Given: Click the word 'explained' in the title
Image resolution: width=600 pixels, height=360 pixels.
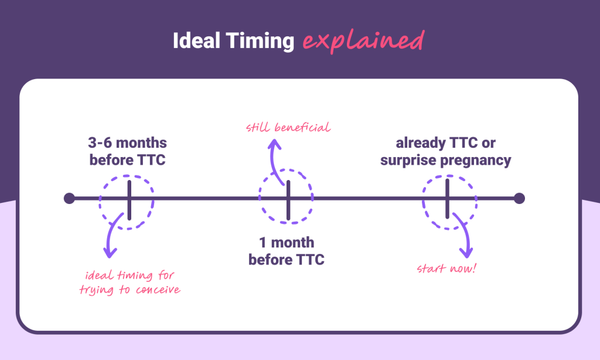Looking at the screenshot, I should pos(363,40).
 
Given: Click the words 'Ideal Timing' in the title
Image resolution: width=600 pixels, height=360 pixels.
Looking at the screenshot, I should pos(233,41).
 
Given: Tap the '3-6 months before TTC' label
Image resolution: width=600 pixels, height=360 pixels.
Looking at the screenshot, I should pos(128,151).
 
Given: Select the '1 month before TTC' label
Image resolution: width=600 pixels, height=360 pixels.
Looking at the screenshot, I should pos(286,251).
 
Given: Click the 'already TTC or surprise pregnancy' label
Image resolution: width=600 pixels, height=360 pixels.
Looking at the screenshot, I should pos(445,151).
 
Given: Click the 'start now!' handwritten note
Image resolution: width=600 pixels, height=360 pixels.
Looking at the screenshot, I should pos(446,269).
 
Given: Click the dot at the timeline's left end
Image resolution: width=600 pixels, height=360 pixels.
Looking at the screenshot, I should pos(69,198).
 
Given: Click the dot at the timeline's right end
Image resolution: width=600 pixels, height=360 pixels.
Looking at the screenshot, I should pos(519,198).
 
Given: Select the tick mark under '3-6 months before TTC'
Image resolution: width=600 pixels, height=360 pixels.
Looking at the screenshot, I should pos(129,198).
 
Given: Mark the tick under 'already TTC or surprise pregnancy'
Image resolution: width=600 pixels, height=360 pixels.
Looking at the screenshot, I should pos(447,198).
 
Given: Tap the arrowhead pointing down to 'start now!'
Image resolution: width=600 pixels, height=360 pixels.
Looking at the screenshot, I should pos(466,252).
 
